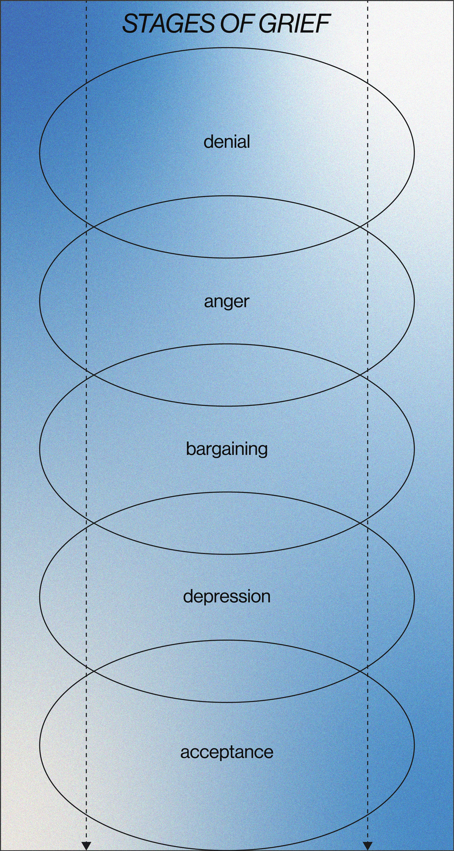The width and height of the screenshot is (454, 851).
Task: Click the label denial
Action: tap(227, 142)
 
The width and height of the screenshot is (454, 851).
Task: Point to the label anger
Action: tap(227, 301)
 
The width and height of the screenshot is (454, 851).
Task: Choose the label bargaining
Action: tap(227, 449)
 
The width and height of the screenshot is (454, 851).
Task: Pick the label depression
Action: tap(227, 597)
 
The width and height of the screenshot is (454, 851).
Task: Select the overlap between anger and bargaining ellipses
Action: tap(227, 375)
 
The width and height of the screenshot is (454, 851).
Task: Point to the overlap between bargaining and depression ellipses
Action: tap(227, 523)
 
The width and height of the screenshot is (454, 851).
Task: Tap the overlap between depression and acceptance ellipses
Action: tap(227, 671)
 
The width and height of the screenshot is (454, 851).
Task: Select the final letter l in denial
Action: tap(248, 141)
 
